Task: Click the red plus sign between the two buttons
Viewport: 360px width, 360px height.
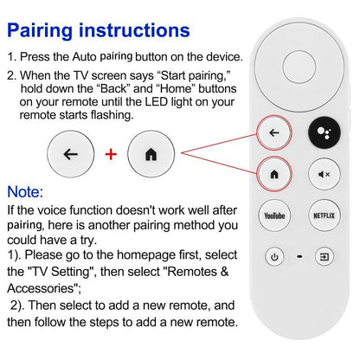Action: tap(111, 155)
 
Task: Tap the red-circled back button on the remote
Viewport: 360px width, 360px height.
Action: tap(274, 133)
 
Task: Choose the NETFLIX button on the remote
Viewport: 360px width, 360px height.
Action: tap(324, 215)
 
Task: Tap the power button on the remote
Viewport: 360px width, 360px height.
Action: tap(274, 256)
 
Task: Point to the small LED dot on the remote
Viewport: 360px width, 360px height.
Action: tap(299, 256)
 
